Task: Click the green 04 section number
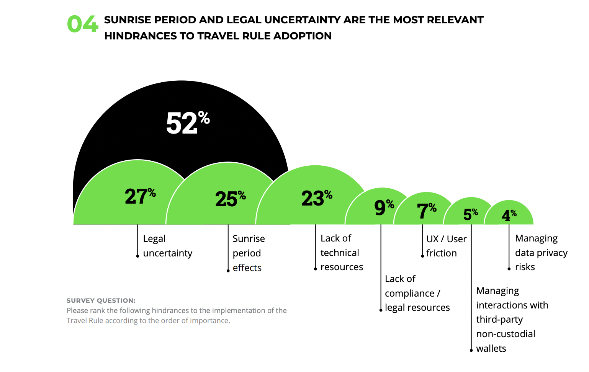(x=82, y=24)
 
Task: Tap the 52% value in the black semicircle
(x=187, y=123)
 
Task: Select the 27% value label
(x=140, y=196)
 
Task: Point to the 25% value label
(x=230, y=199)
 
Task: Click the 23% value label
(x=316, y=198)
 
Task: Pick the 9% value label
(x=384, y=207)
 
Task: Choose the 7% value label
(x=426, y=210)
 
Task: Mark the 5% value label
(x=470, y=214)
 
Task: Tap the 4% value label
(x=509, y=215)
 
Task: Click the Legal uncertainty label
(x=167, y=246)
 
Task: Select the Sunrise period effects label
(x=249, y=253)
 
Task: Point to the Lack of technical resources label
(x=341, y=253)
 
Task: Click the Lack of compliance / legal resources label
(x=417, y=293)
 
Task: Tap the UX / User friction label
(x=446, y=246)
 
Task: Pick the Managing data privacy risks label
(x=541, y=253)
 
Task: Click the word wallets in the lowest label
(x=491, y=348)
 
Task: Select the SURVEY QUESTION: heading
(x=101, y=300)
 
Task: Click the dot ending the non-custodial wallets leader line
(x=471, y=350)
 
